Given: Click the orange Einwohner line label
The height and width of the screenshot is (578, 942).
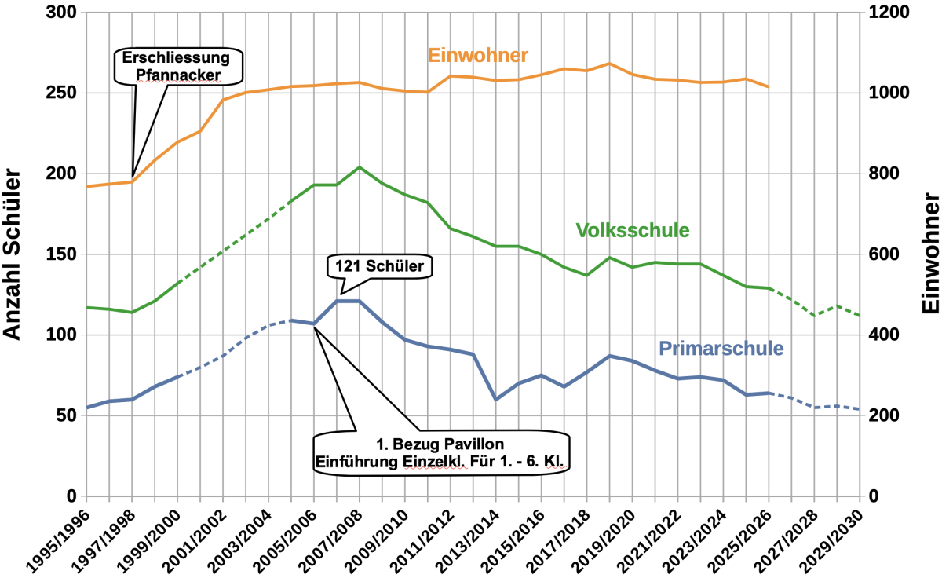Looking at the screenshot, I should tap(477, 55).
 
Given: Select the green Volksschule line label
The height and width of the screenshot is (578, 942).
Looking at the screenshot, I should tap(632, 230).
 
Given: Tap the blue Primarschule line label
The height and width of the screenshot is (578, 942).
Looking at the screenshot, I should tap(721, 347).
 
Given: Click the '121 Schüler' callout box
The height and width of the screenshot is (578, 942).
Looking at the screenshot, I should tap(380, 267).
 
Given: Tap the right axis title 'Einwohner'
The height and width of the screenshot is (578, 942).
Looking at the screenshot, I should tap(931, 255).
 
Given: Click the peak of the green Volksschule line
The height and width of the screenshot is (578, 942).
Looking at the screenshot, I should tap(360, 167).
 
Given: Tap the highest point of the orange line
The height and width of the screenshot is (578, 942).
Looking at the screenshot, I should tap(609, 64).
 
